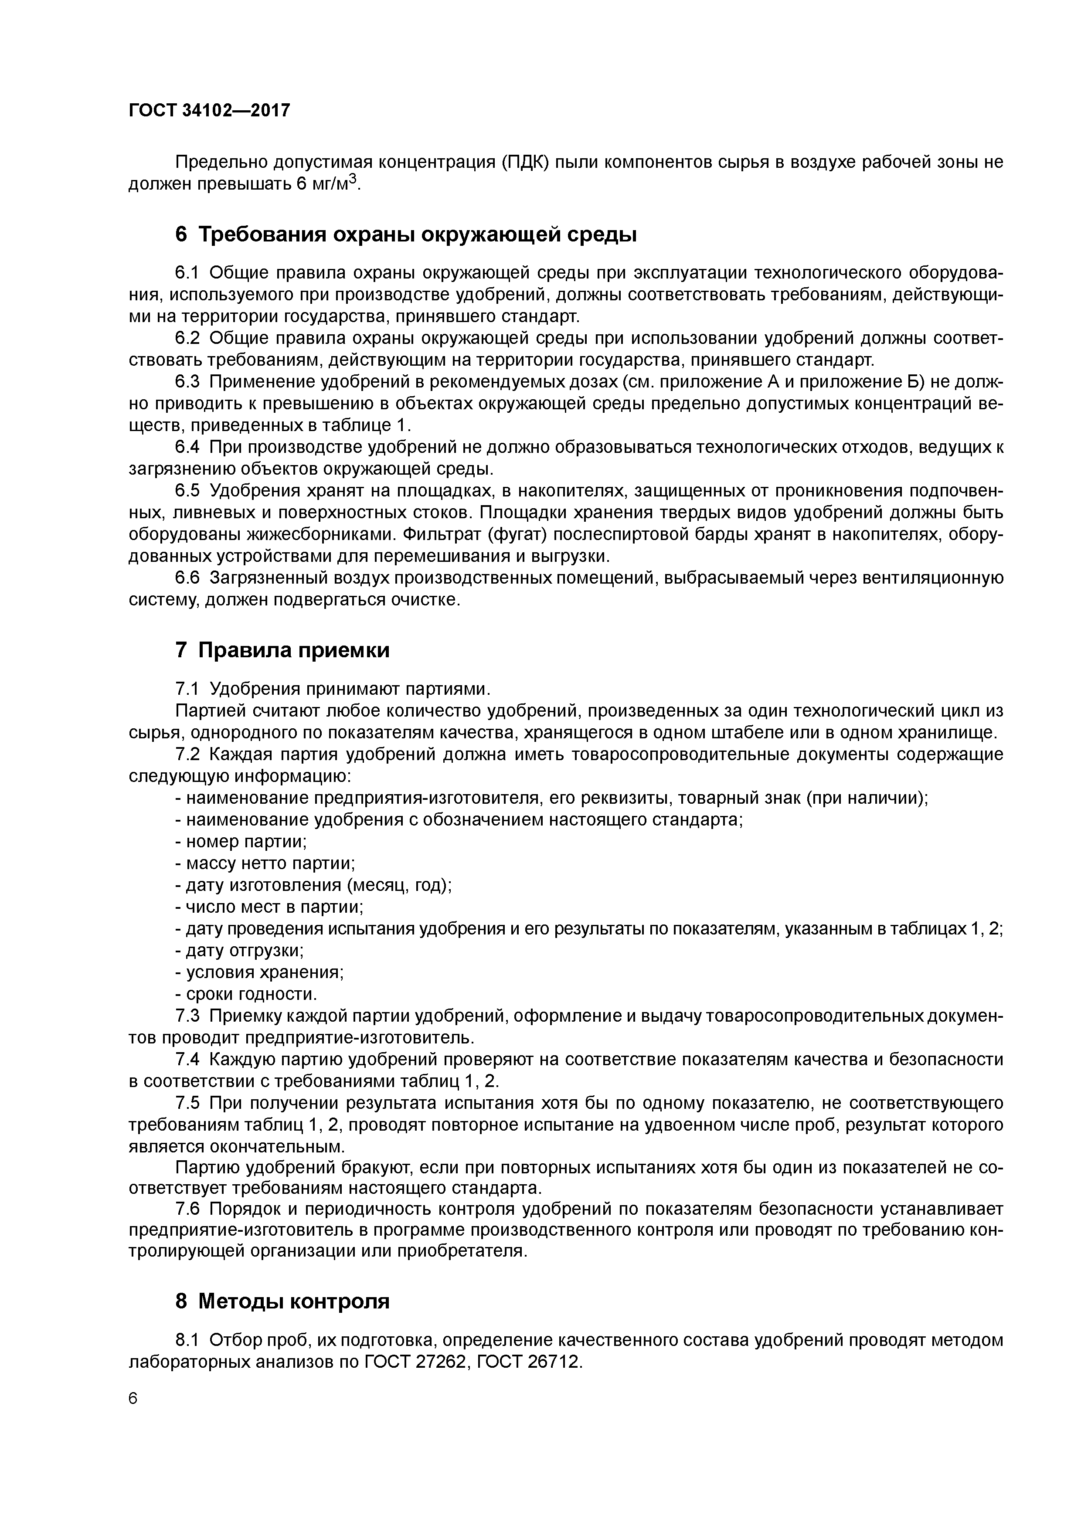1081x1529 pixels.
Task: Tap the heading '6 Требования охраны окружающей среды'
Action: point(406,235)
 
